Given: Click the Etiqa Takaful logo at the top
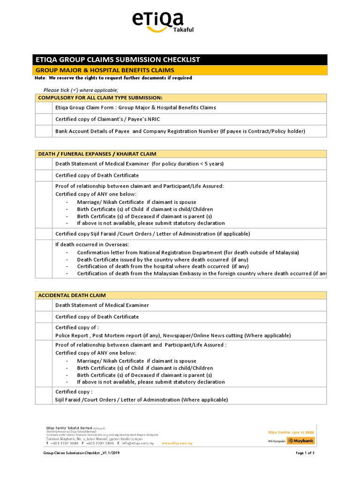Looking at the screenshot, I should click(162, 22).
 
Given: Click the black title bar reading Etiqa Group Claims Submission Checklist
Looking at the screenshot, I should click(180, 60).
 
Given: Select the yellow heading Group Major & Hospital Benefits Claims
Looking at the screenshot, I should click(180, 70).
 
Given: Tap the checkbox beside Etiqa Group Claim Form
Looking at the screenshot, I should click(44, 107).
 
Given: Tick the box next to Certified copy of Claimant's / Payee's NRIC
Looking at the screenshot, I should click(44, 119).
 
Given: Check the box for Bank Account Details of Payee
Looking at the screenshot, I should click(44, 131).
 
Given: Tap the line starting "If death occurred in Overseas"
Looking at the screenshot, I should click(92, 245).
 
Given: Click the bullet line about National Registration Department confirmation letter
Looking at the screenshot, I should click(187, 252).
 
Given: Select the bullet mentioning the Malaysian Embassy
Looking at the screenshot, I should click(202, 273).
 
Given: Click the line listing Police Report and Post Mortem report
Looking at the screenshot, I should click(173, 336).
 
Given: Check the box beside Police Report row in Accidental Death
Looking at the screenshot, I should click(44, 331).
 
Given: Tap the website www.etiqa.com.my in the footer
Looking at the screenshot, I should click(177, 443).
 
